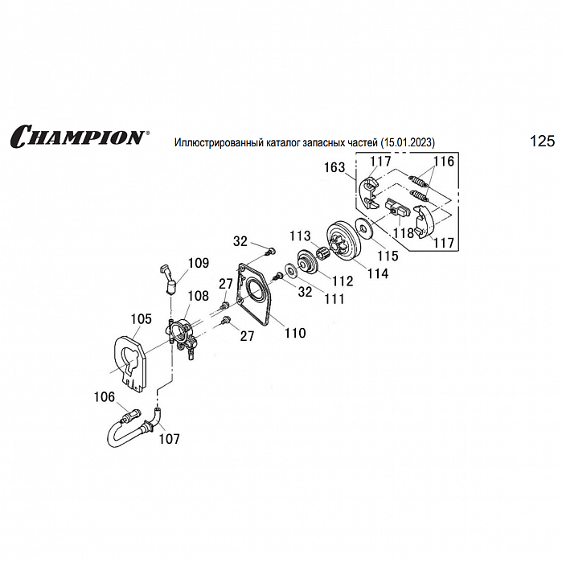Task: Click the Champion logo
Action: point(79,135)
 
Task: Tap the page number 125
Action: point(542,142)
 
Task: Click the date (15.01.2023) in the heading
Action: point(408,142)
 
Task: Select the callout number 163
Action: point(334,168)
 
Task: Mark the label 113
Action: point(301,236)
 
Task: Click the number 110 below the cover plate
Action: point(294,333)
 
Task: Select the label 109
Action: point(198,262)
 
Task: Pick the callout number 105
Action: point(141,319)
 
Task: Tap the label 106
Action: point(105,396)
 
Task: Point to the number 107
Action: point(169,439)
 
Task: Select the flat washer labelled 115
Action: point(365,229)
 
